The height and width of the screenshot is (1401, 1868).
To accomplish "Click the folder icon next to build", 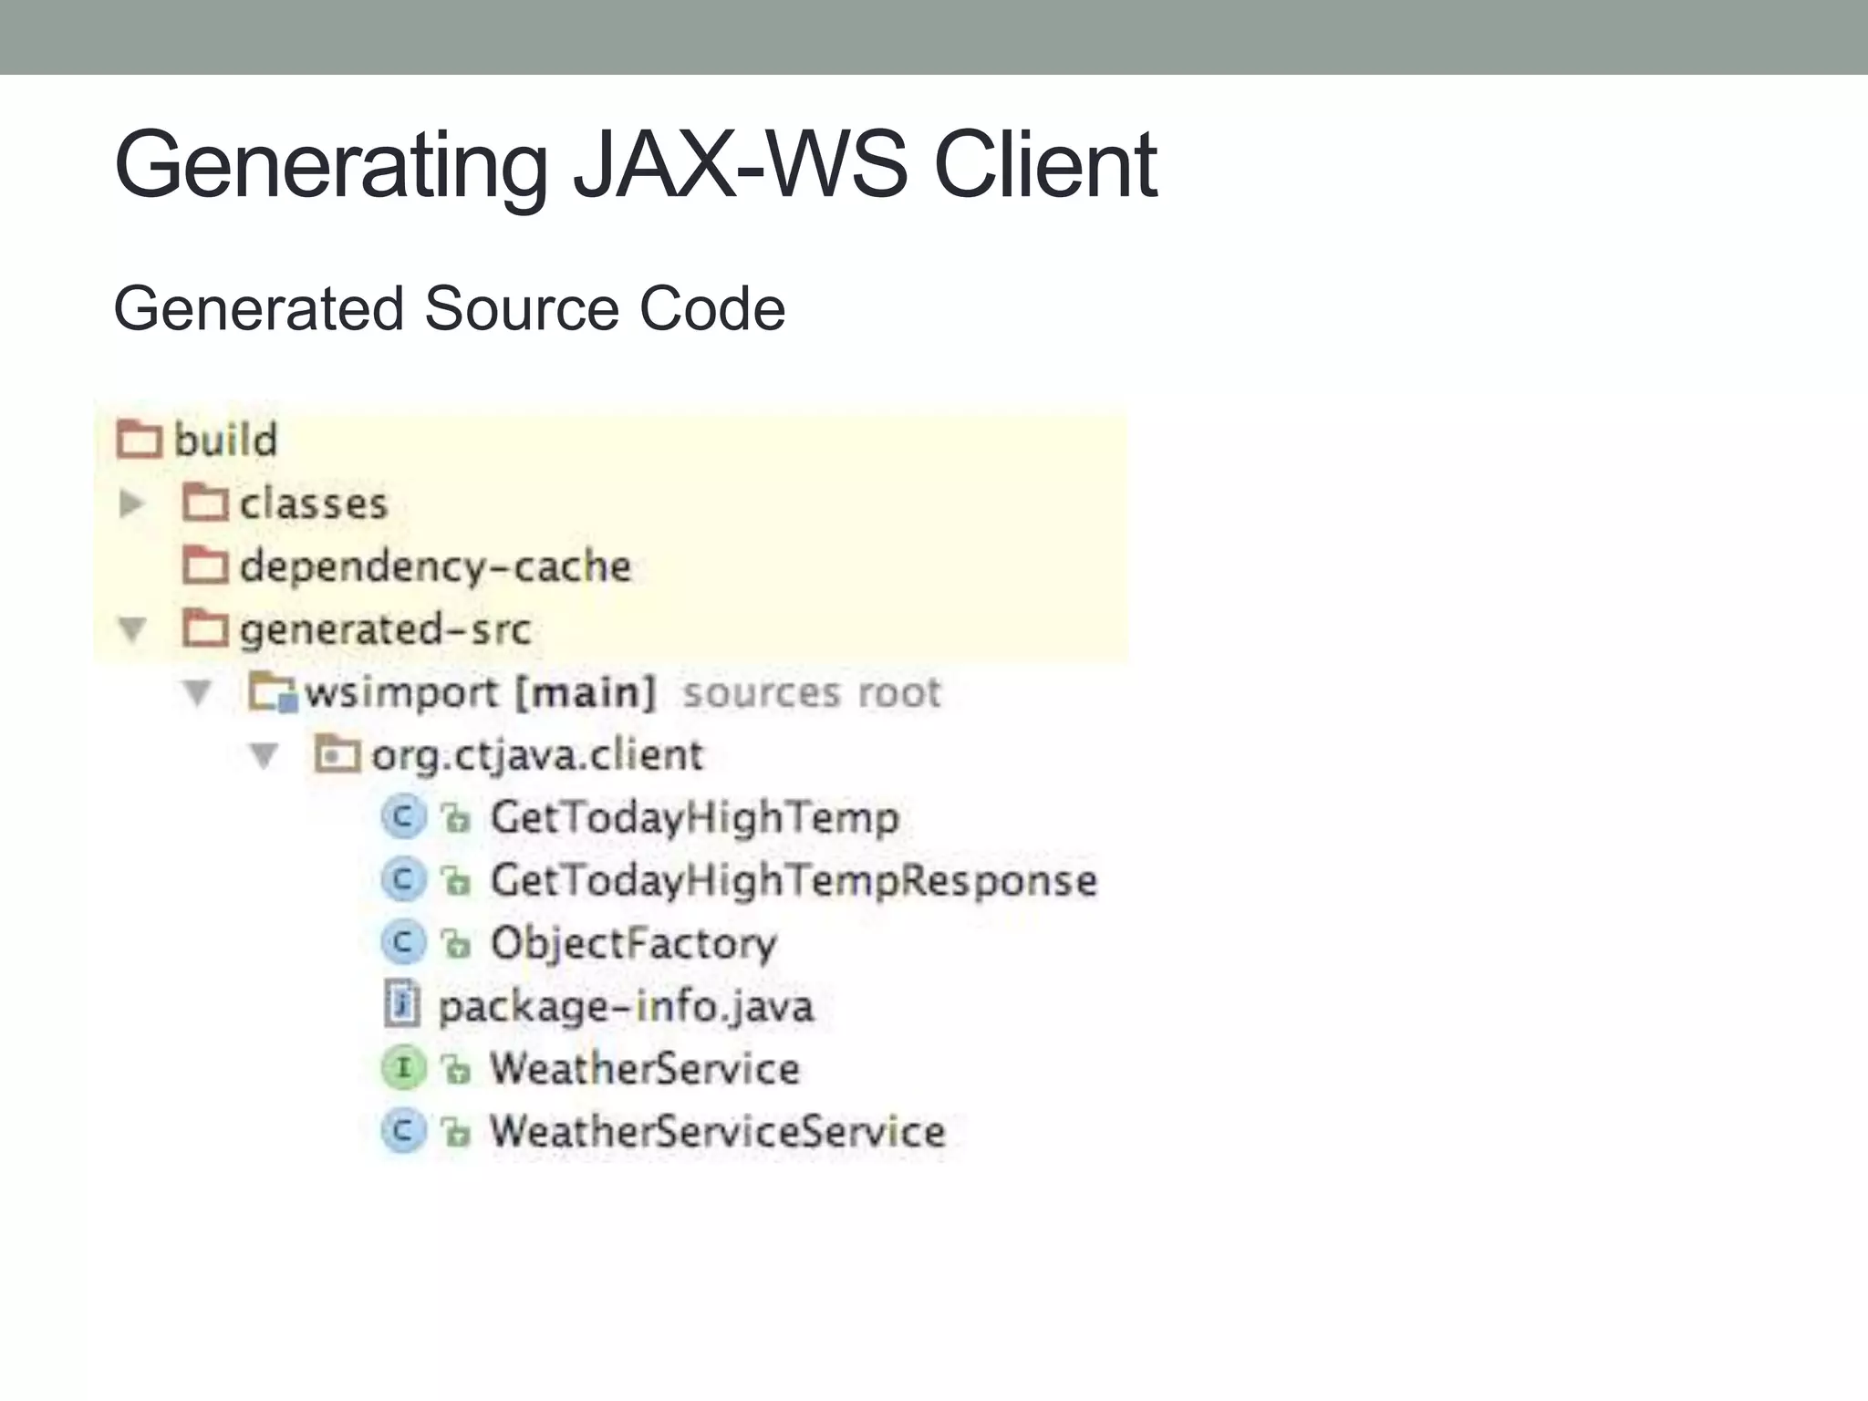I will pos(140,440).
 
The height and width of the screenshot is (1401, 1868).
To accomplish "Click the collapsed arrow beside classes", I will pos(132,503).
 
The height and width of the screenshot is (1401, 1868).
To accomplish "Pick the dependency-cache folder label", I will pos(435,566).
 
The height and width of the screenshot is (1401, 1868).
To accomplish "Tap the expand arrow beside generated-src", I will pos(133,629).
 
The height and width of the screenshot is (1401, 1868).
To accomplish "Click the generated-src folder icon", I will pos(205,628).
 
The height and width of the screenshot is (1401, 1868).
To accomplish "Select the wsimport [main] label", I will pos(480,693).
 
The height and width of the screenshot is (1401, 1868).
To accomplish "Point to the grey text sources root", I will pos(812,693).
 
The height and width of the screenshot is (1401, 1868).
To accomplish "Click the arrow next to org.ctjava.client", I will pos(265,755).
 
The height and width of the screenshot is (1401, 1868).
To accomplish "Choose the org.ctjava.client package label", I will pos(537,756).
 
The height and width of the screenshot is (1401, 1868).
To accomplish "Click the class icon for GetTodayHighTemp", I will pos(403,817).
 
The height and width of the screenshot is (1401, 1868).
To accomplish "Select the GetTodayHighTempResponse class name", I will pos(794,881).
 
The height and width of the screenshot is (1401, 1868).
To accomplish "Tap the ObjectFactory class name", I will pos(633,944).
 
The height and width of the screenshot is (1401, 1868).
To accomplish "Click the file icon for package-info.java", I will pos(402,1005).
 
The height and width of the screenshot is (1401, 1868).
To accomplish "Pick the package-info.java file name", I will pos(626,1007).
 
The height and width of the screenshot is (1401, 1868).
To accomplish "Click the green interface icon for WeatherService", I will pos(403,1068).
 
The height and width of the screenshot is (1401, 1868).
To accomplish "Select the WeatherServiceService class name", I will pos(717,1132).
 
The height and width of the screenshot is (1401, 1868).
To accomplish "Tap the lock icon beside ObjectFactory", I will pos(456,944).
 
